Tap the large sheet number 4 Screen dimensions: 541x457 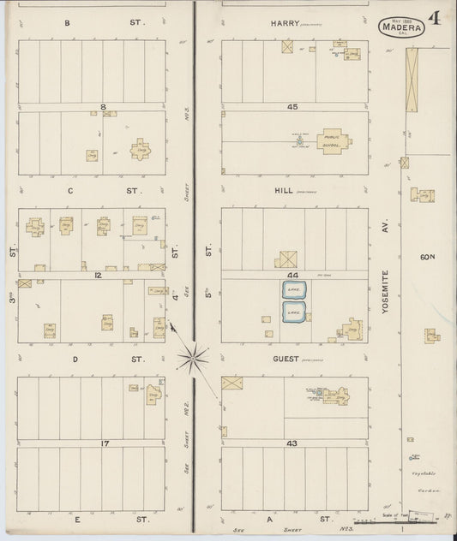tap(435, 19)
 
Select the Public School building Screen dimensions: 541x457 tap(331, 141)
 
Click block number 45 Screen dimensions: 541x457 tap(292, 107)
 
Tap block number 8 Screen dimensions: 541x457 tap(103, 107)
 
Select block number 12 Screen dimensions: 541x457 tap(99, 275)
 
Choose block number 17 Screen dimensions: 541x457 tap(103, 443)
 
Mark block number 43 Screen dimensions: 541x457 tap(292, 443)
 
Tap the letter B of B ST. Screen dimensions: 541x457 tap(67, 24)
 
